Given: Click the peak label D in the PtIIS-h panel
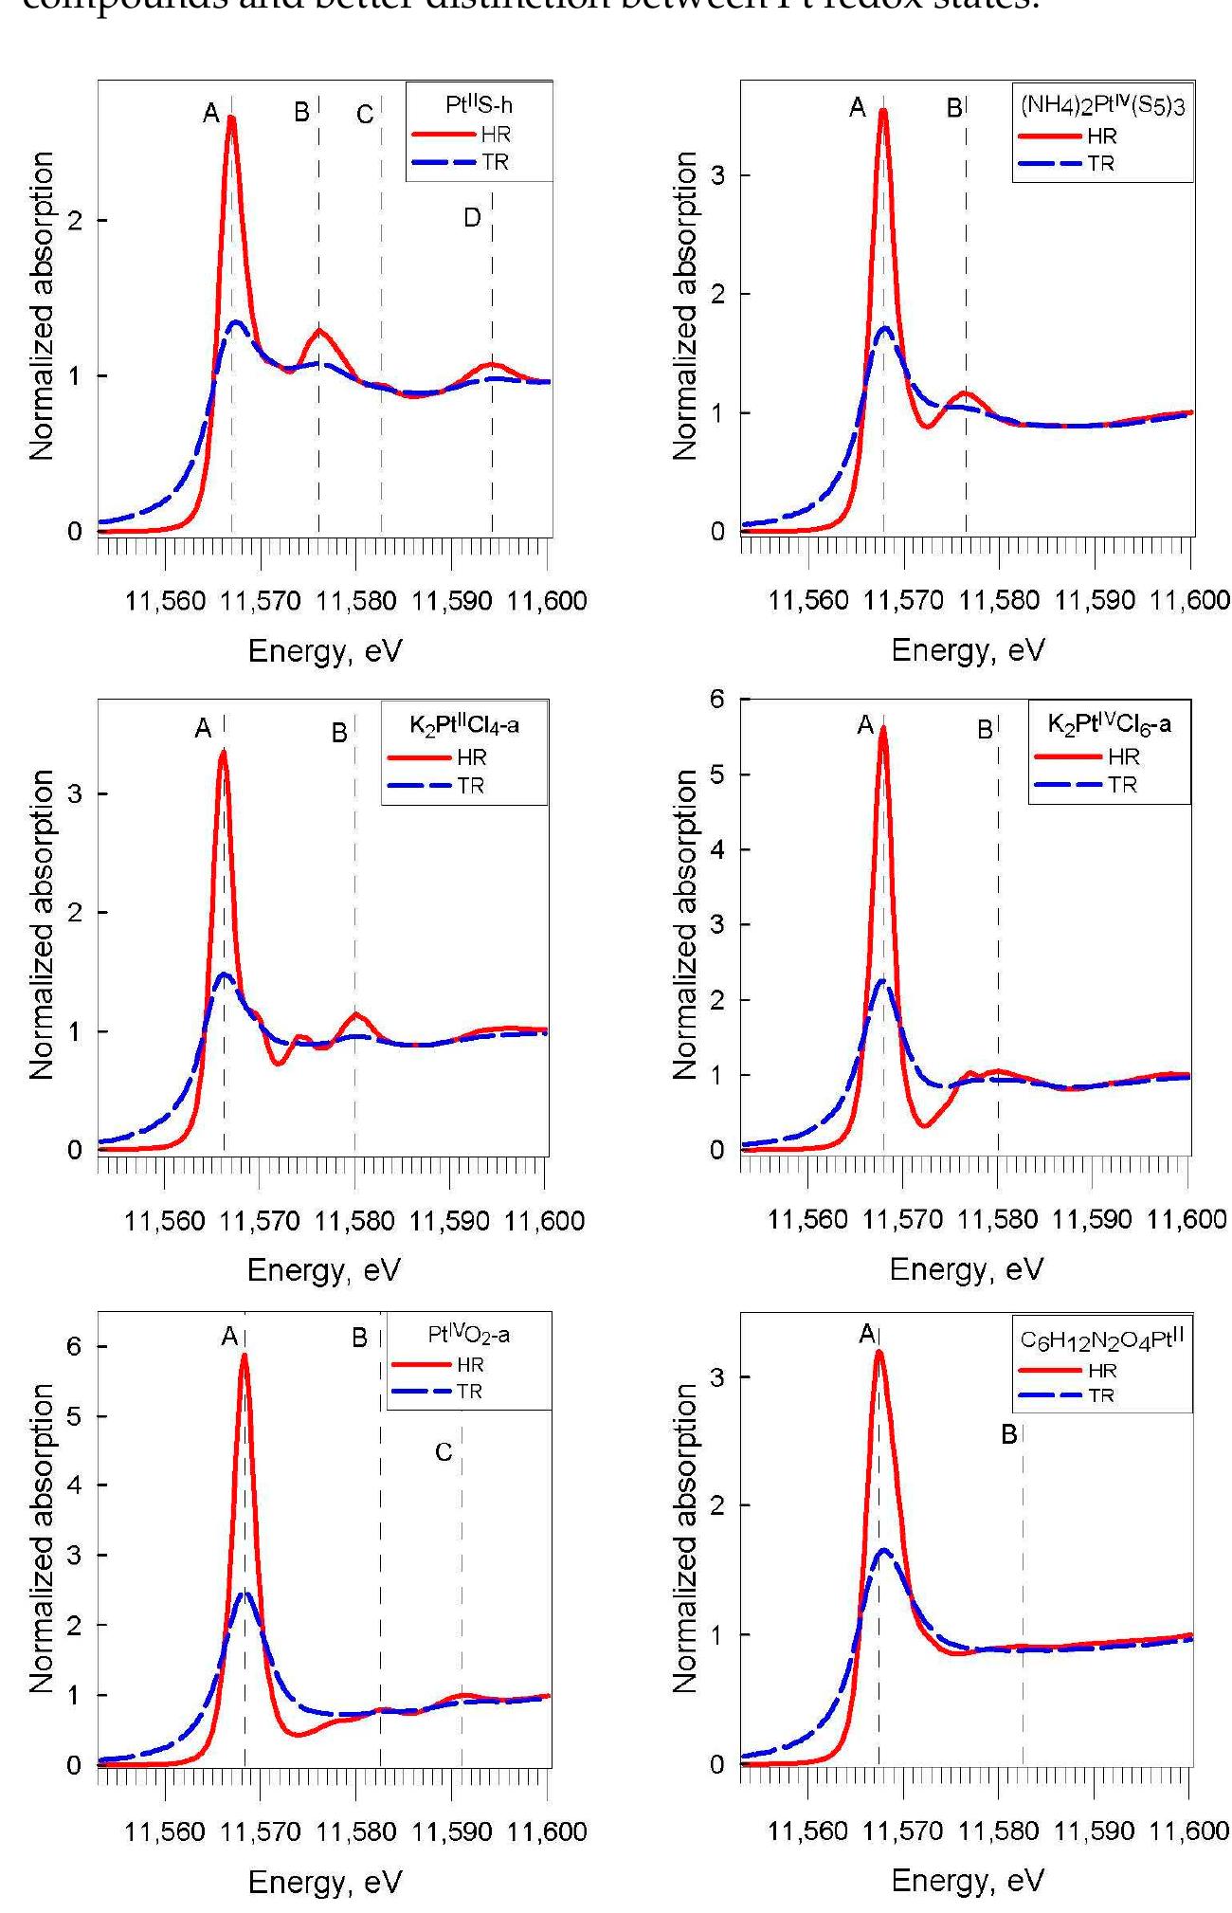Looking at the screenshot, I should pyautogui.click(x=472, y=218).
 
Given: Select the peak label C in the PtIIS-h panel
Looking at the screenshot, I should pyautogui.click(x=365, y=116).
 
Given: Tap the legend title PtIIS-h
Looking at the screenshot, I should pyautogui.click(x=480, y=107).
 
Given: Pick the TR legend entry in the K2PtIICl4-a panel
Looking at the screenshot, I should pyautogui.click(x=470, y=786).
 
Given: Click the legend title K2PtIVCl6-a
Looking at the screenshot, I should pyautogui.click(x=1109, y=724).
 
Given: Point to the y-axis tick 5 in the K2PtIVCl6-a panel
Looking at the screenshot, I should pyautogui.click(x=717, y=774).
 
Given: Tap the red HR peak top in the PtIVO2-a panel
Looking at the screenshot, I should pyautogui.click(x=245, y=1356).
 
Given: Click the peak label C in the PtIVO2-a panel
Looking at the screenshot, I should pyautogui.click(x=444, y=1452).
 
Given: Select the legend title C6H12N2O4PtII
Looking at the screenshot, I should pyautogui.click(x=1102, y=1339).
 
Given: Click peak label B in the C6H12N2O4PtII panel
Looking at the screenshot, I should pyautogui.click(x=1008, y=1434).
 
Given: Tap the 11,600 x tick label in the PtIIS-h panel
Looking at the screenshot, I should pyautogui.click(x=547, y=601).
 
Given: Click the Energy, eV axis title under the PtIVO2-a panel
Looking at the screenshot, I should pyautogui.click(x=324, y=1883).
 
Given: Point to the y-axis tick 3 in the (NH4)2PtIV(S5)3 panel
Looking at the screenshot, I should pyautogui.click(x=717, y=175).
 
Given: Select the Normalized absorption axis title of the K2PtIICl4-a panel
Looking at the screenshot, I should pyautogui.click(x=41, y=924).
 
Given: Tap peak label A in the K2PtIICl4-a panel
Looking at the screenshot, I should pyautogui.click(x=203, y=728).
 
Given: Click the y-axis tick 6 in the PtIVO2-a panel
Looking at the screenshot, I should pyautogui.click(x=74, y=1346).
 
